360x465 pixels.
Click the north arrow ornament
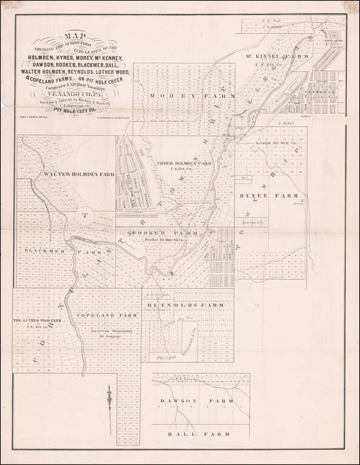108,400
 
